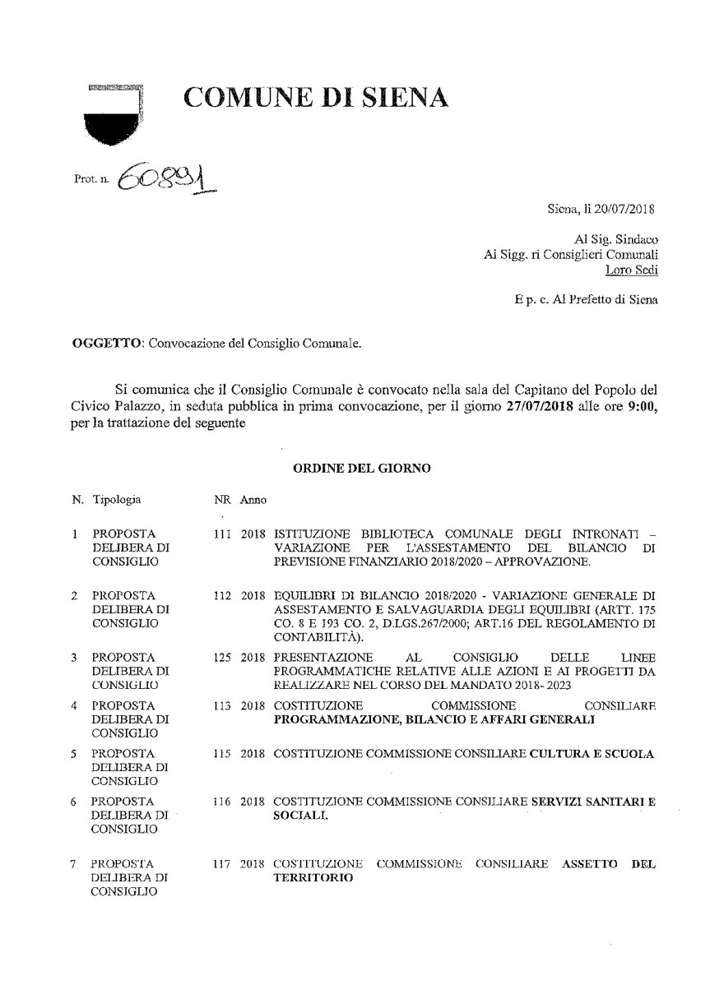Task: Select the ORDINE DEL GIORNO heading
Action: click(362, 468)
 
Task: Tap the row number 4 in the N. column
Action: click(74, 705)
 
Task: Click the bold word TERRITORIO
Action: click(313, 877)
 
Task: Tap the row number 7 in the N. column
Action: click(74, 863)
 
